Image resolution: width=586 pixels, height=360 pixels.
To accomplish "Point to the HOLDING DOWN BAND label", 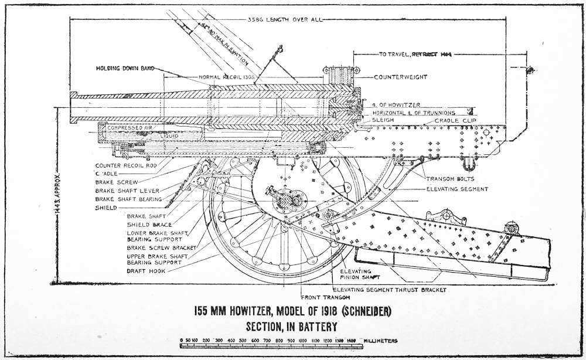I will pyautogui.click(x=125, y=69).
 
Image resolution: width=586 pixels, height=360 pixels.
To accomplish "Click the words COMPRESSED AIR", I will pyautogui.click(x=125, y=127).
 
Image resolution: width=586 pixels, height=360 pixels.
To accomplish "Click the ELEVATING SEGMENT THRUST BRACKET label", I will pyautogui.click(x=389, y=290).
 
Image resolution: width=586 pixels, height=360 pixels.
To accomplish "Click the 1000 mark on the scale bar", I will pyautogui.click(x=302, y=340).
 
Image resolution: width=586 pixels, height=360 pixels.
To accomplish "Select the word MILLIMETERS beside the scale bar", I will pyautogui.click(x=381, y=340).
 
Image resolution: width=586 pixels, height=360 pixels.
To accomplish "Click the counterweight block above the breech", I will pyautogui.click(x=340, y=77).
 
